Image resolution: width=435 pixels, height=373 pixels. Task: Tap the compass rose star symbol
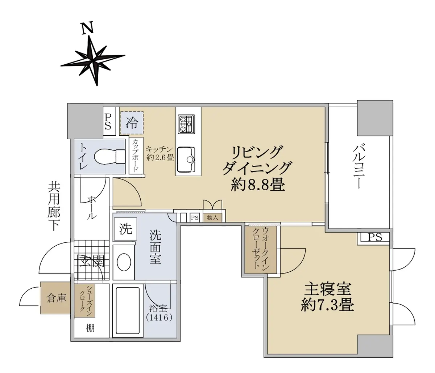[92, 61]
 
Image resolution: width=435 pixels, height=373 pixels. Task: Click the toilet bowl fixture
[109, 156]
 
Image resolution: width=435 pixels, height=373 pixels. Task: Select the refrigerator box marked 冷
[132, 123]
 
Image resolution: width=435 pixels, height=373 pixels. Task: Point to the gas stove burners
[186, 124]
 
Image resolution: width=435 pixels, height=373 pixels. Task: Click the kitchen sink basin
[186, 160]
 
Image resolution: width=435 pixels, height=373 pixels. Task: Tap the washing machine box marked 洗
[126, 229]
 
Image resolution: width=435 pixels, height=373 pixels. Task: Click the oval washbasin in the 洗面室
[124, 262]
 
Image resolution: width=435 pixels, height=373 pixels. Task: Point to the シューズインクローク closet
[85, 301]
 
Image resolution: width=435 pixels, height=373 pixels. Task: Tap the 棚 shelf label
[90, 328]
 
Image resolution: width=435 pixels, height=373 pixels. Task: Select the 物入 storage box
[212, 218]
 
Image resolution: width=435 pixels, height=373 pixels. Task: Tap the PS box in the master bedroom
[375, 237]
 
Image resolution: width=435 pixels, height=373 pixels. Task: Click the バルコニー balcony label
[360, 166]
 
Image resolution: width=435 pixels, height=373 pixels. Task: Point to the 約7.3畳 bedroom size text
[327, 305]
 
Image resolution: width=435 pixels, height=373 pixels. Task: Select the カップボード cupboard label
[136, 156]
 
